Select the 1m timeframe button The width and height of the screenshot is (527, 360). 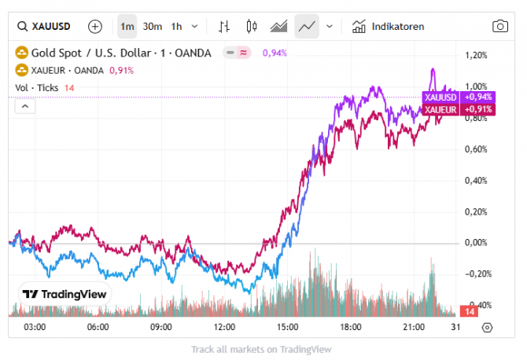point(127,26)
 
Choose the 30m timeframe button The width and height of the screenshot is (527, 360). point(153,26)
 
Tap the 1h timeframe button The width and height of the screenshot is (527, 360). point(176,26)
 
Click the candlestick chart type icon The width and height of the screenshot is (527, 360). point(252,26)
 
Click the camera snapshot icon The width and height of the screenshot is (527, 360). point(500,26)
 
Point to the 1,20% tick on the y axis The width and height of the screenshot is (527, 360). point(477,56)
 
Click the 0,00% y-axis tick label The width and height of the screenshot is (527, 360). point(477,243)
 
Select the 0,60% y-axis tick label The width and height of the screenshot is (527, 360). point(477,149)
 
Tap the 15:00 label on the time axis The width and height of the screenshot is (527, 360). point(288,327)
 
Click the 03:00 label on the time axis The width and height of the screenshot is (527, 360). point(35,327)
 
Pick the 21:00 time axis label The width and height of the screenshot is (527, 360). point(415,327)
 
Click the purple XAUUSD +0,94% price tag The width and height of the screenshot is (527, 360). point(459,97)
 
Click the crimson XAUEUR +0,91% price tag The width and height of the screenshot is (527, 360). point(459,109)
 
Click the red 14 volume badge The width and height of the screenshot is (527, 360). point(468,312)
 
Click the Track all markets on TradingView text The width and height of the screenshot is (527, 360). point(261,349)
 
